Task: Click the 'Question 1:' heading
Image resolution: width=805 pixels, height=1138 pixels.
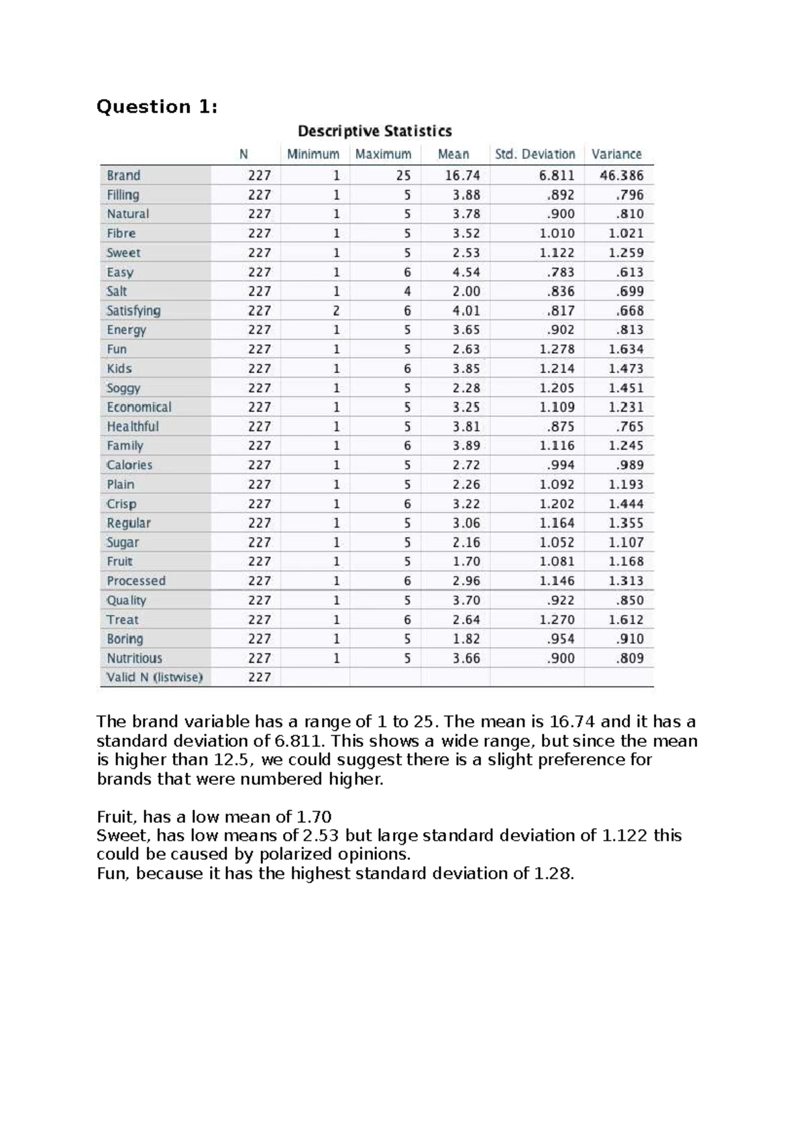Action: coord(157,107)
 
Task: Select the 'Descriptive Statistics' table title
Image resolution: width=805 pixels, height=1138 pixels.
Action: coord(374,131)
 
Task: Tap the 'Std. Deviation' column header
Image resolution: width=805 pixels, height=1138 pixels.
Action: coord(535,154)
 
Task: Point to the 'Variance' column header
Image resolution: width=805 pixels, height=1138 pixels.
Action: coord(616,154)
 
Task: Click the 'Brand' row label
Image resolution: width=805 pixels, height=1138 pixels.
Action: coord(124,176)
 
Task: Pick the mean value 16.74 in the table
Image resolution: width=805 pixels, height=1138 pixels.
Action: coord(462,176)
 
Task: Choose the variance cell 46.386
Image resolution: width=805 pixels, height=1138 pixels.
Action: coord(621,176)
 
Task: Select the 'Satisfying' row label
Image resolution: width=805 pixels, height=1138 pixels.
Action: coord(133,311)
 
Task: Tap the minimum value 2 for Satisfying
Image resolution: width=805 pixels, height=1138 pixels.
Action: coord(336,311)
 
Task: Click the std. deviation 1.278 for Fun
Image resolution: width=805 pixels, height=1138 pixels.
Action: coord(557,350)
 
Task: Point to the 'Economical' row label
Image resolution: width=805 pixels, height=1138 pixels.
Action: coord(139,407)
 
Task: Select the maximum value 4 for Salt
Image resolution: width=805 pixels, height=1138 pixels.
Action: coord(407,292)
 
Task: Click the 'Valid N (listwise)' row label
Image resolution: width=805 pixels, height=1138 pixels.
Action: coord(154,678)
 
